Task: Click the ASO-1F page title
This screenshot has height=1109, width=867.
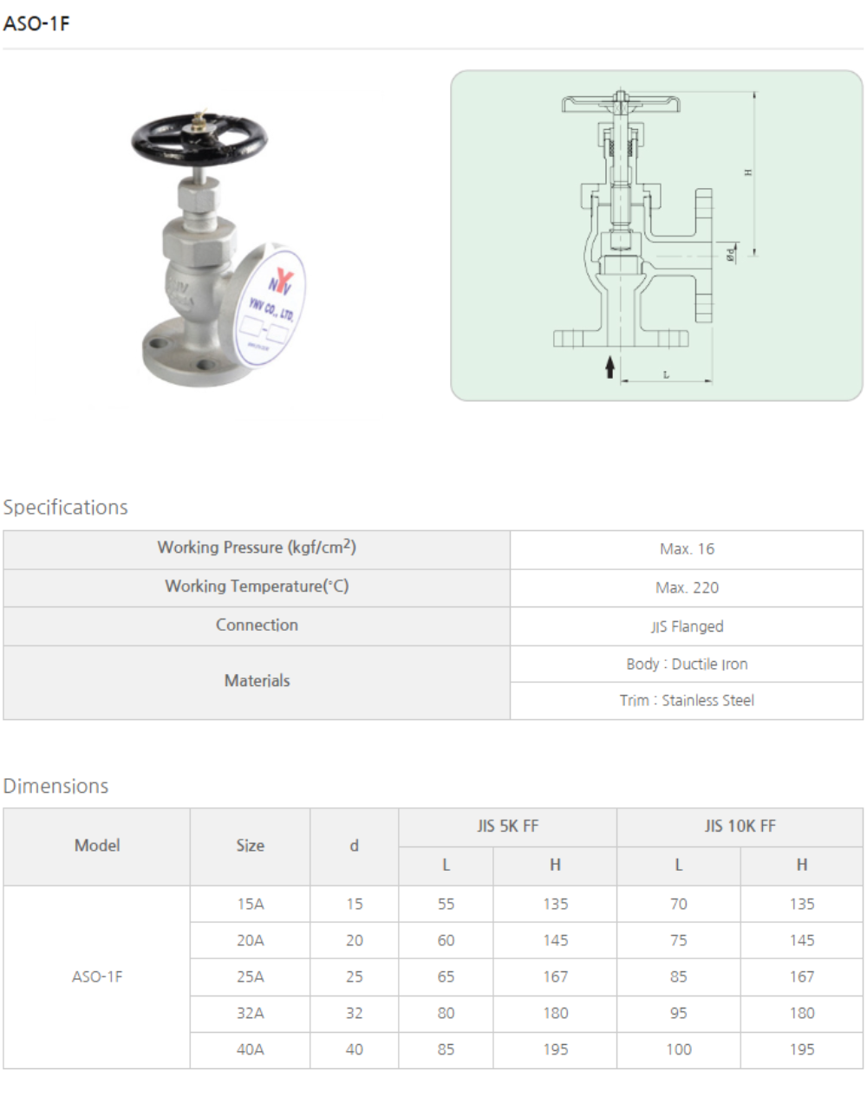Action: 36,23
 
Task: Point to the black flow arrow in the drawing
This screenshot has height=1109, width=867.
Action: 610,366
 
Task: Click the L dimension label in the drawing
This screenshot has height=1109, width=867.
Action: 666,374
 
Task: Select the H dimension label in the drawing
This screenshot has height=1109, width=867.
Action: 748,172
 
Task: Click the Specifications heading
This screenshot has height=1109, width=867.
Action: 66,507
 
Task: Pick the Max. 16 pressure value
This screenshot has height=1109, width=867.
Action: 687,549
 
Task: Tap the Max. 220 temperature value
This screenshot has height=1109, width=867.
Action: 687,587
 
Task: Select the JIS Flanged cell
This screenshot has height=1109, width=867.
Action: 687,626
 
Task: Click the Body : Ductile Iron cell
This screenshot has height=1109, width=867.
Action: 687,665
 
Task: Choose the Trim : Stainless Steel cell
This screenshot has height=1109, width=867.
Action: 687,700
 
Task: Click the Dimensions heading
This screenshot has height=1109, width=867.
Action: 56,786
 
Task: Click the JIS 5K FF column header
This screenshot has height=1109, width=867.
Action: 507,827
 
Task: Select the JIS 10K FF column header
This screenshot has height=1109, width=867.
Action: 740,827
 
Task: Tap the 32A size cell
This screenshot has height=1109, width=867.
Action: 251,1013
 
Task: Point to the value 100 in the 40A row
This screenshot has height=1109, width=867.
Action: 679,1049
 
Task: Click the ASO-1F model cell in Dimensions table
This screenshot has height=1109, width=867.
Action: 97,976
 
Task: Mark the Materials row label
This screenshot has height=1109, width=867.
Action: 257,681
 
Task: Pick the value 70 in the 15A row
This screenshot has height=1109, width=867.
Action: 679,904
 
